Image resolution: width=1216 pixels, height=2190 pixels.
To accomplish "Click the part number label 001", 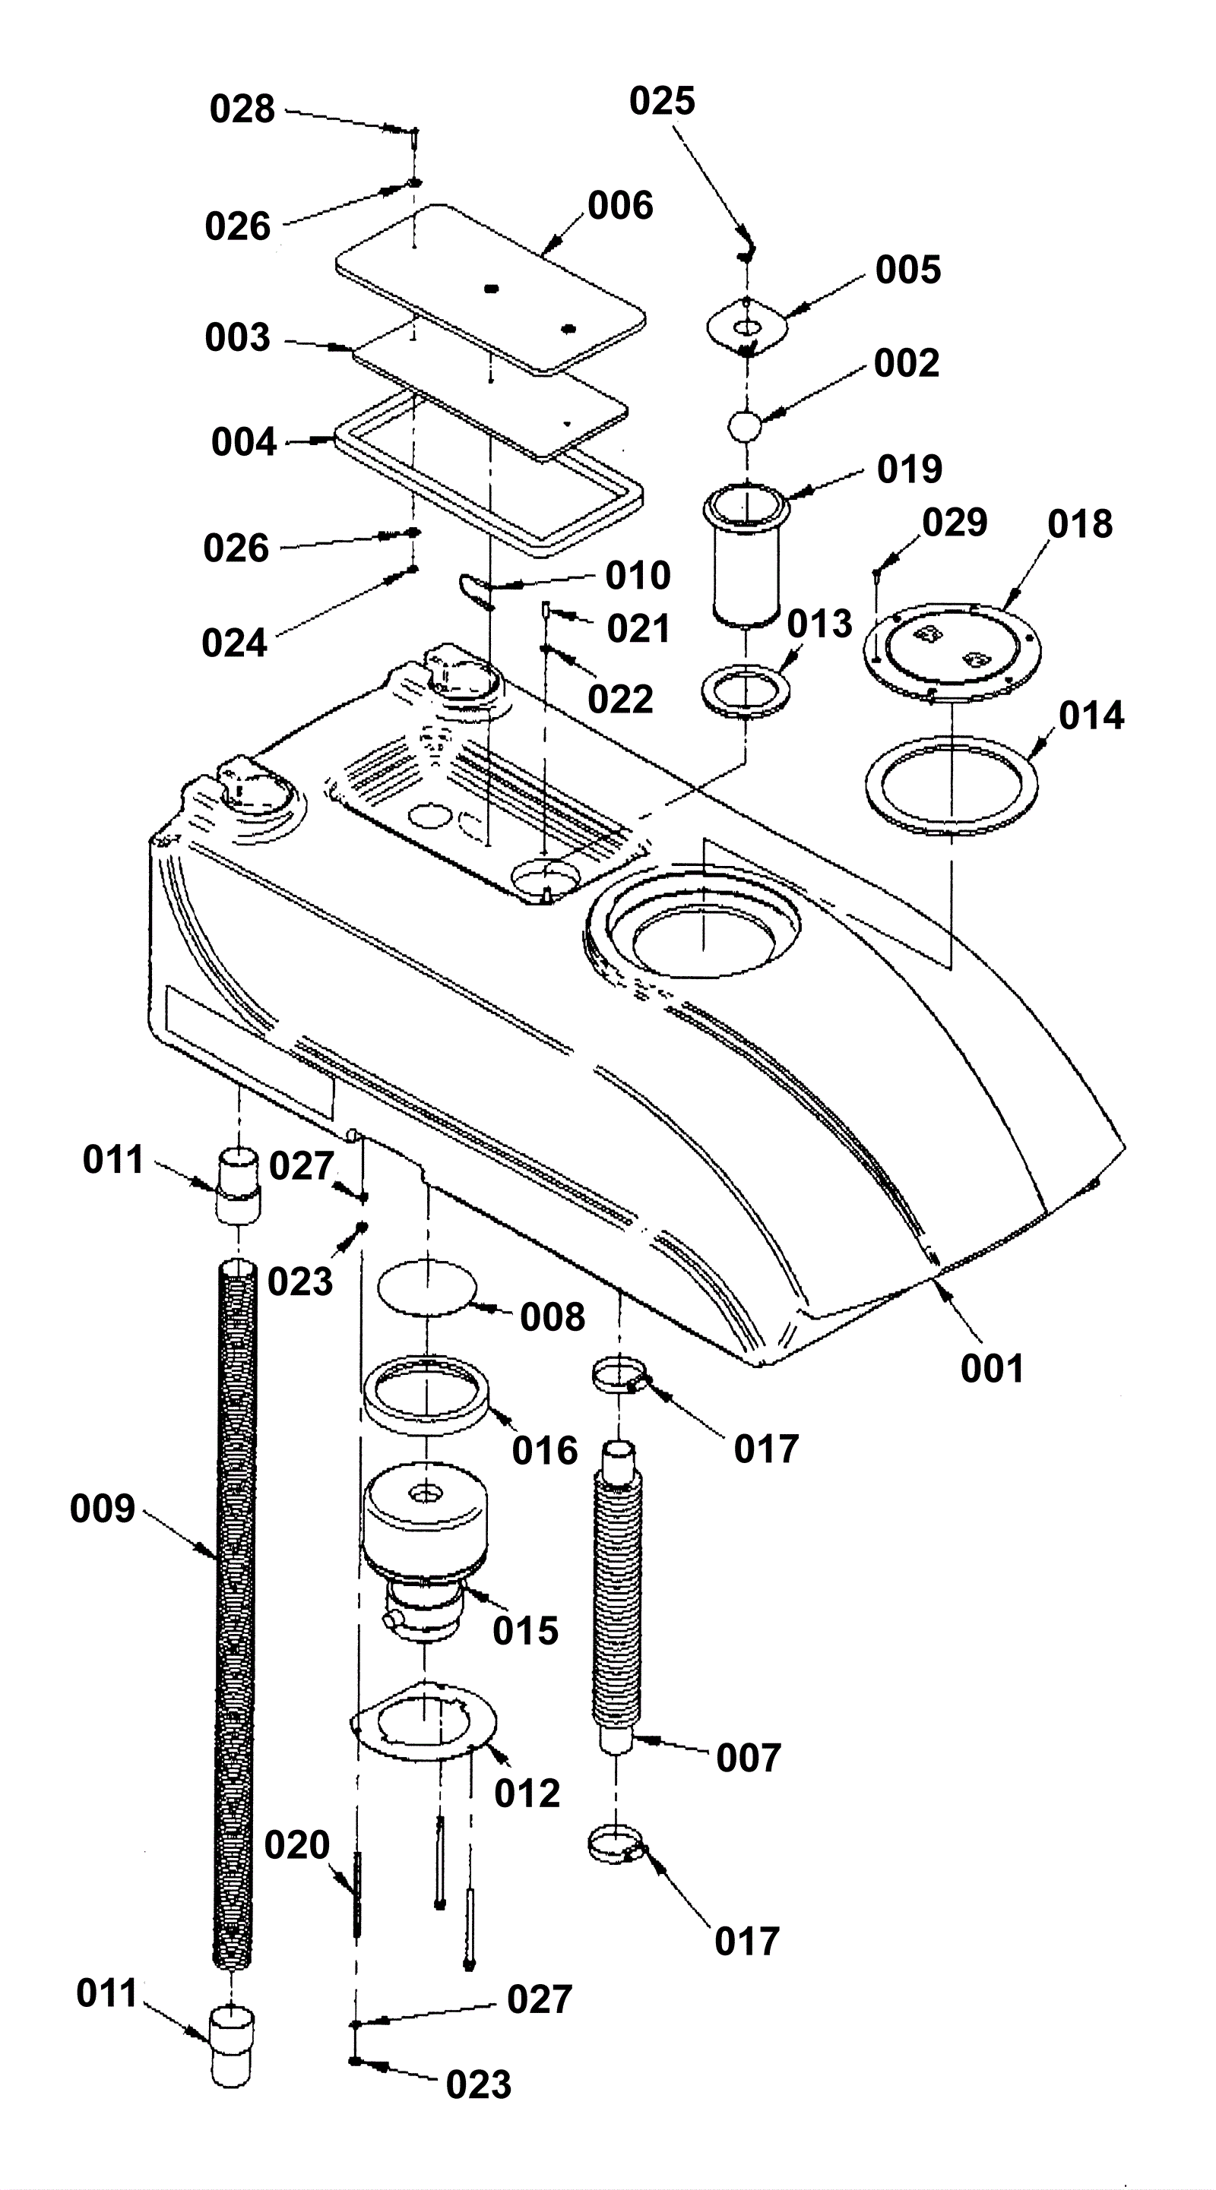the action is click(x=993, y=1369).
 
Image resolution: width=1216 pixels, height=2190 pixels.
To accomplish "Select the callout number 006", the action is click(x=621, y=205).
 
